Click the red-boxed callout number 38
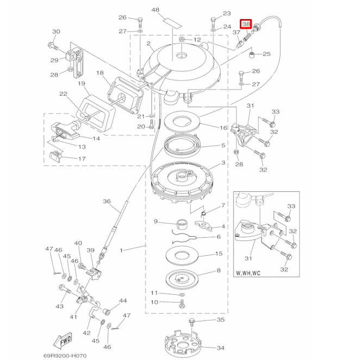click(246, 24)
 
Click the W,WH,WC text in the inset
click(249, 274)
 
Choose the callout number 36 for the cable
click(107, 201)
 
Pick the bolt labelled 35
click(191, 323)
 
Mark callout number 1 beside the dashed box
click(121, 250)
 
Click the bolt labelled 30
click(53, 45)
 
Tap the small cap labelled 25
click(253, 54)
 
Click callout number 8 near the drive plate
click(219, 270)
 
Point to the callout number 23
click(226, 13)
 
